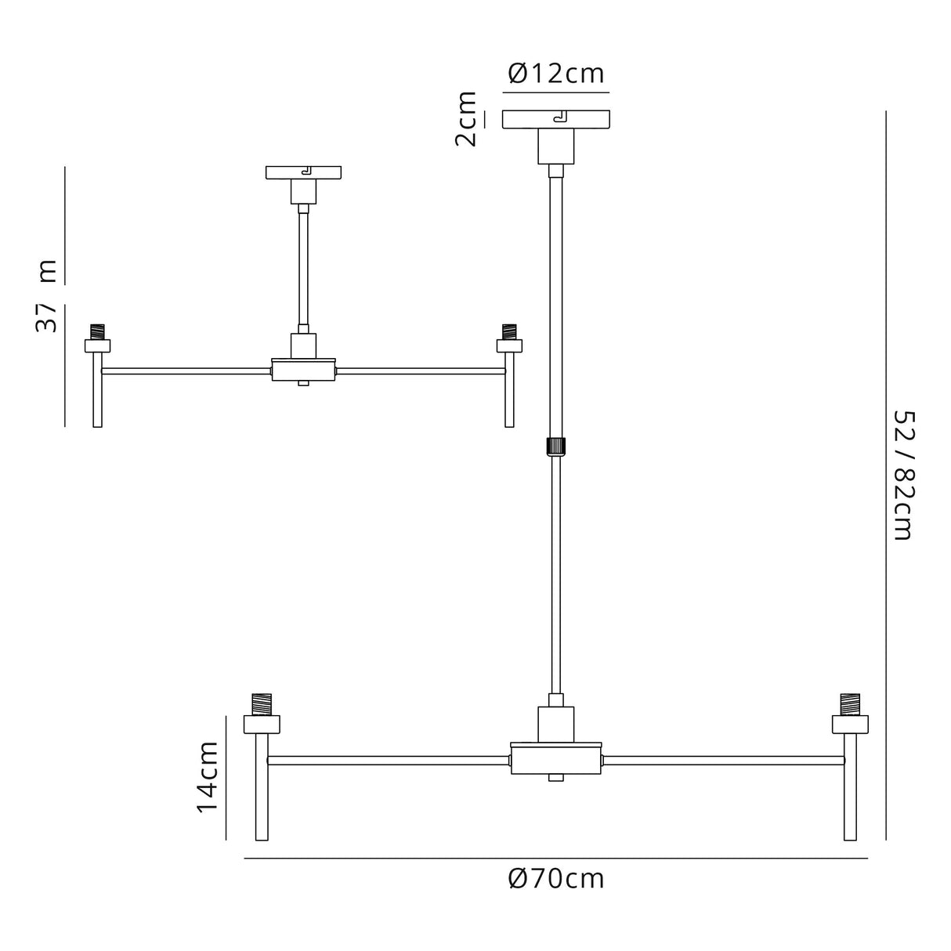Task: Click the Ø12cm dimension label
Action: point(555,74)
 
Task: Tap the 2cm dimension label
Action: point(466,119)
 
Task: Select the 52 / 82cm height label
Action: point(902,475)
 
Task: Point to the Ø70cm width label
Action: point(555,879)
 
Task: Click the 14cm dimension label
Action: point(207,777)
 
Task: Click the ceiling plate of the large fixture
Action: point(555,119)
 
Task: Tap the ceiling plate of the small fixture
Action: point(304,172)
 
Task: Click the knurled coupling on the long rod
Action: point(555,446)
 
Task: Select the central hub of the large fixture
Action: point(555,759)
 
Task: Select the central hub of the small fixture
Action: point(304,369)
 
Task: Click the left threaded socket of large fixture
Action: point(261,703)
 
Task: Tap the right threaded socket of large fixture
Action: point(850,703)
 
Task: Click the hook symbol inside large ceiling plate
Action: point(559,118)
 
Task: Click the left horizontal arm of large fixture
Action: point(388,760)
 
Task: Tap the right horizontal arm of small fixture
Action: point(419,371)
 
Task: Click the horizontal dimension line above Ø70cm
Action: point(555,859)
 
